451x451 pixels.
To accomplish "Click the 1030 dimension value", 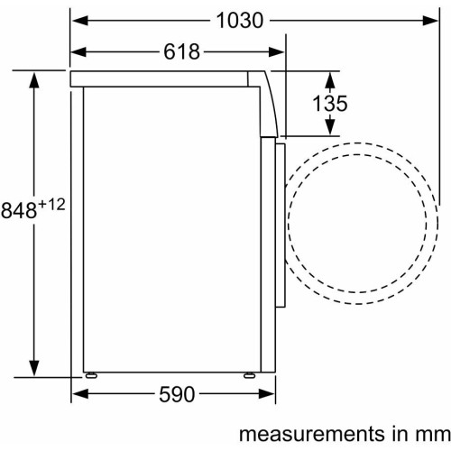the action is pyautogui.click(x=240, y=21).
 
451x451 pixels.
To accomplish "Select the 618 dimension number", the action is pyautogui.click(x=181, y=51).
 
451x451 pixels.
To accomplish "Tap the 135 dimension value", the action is pyautogui.click(x=330, y=103).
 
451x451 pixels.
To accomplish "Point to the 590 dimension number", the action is pyautogui.click(x=177, y=394).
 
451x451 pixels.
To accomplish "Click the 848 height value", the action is pyautogui.click(x=19, y=210).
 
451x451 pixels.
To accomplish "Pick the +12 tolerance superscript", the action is pyautogui.click(x=51, y=205).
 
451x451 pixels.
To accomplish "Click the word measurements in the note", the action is pyautogui.click(x=312, y=434).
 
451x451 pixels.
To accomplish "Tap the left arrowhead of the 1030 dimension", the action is pyautogui.click(x=80, y=21).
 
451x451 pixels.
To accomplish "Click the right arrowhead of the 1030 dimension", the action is pyautogui.click(x=430, y=21).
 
